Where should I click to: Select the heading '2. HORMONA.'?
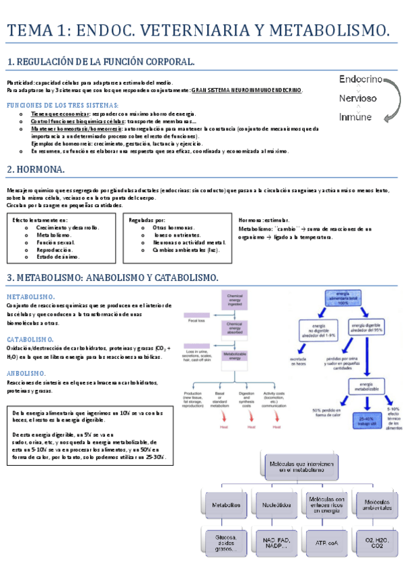36,169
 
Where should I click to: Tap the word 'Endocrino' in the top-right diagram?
361,79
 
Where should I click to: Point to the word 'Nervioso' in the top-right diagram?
358,98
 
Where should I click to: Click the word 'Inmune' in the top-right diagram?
355,117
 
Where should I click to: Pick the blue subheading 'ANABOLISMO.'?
26,374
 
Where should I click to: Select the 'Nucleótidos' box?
277,504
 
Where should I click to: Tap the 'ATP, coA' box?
326,542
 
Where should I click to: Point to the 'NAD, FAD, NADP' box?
277,542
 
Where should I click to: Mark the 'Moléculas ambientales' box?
375,504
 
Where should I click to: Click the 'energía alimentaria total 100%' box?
348,298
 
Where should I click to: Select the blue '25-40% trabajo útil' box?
364,403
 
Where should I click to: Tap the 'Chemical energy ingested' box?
235,298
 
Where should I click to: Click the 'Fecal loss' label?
196,321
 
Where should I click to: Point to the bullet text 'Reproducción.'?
55,249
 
